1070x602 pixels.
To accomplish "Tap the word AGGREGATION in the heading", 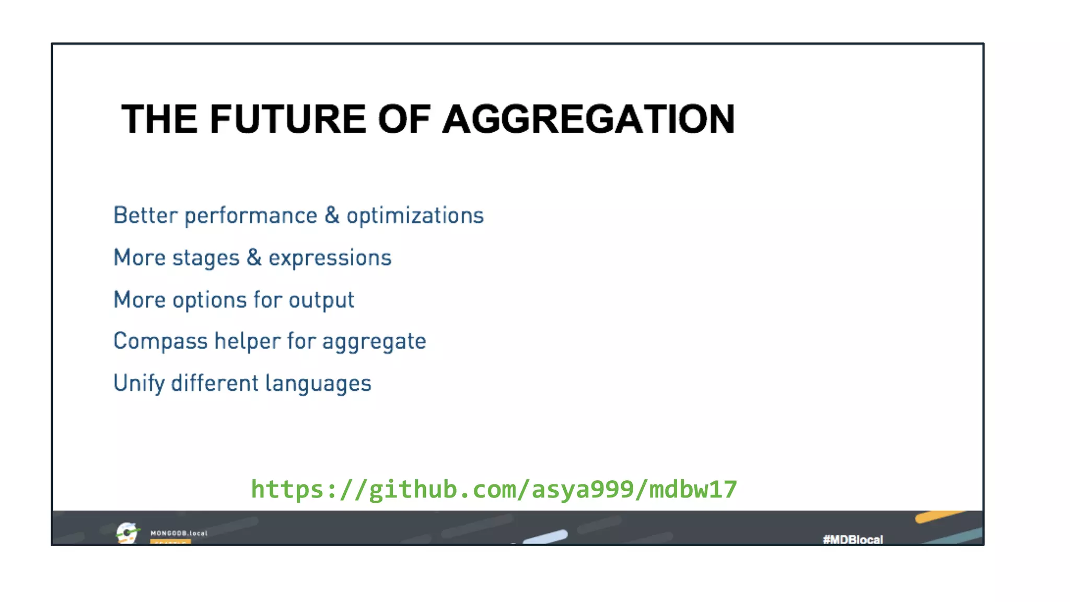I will coord(589,119).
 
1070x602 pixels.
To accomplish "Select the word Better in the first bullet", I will coord(146,215).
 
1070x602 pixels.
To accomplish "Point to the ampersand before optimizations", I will coord(332,215).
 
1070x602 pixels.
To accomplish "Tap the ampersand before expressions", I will coord(254,258).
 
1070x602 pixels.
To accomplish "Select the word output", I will coord(321,300).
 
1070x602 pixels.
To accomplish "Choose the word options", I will coord(210,300).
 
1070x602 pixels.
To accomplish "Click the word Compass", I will coord(160,342).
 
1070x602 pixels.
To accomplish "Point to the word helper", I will coord(248,341).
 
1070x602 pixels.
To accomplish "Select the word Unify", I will coord(139,384).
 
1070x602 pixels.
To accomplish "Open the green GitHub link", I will coord(494,490).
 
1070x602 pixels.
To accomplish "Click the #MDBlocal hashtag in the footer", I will coord(853,539).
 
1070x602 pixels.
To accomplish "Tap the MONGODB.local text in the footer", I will coord(179,533).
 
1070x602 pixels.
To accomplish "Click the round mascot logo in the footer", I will coord(127,532).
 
